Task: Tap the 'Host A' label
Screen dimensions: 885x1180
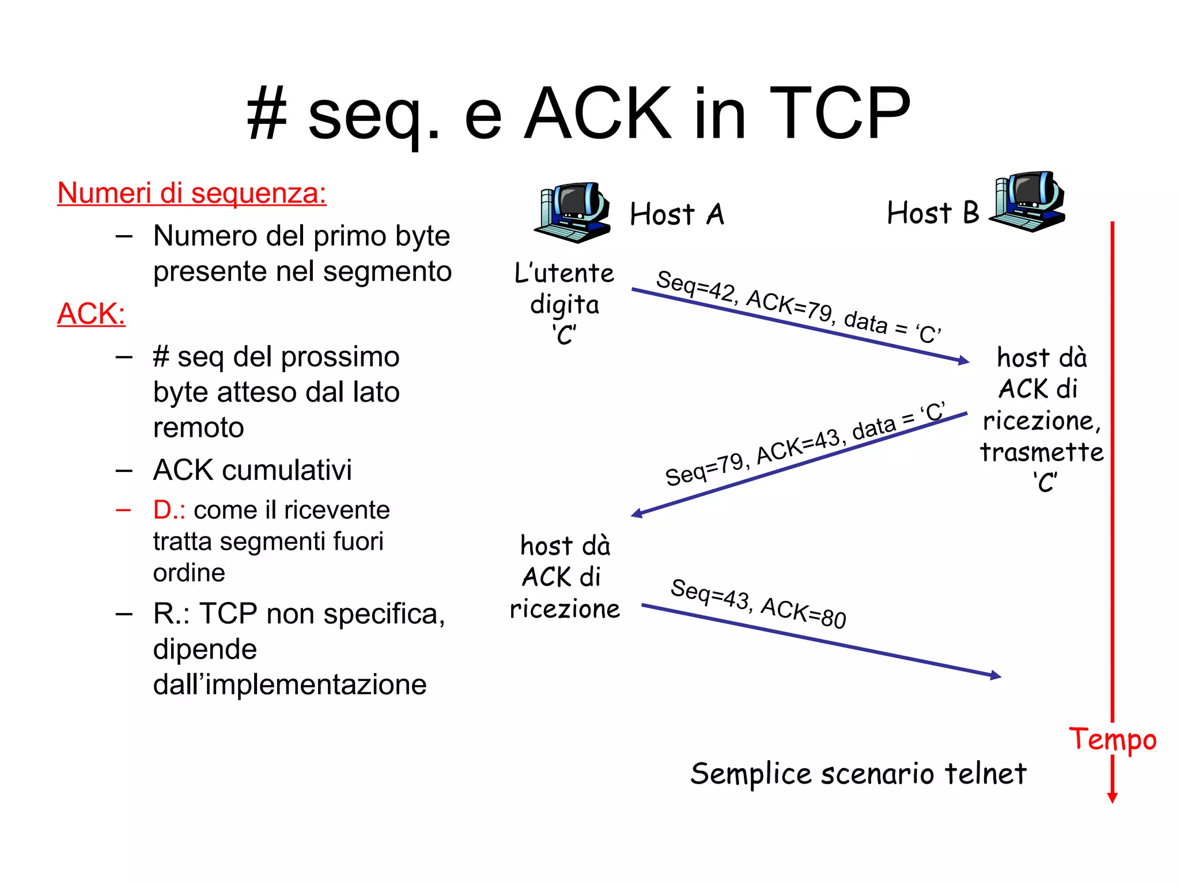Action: [x=676, y=214]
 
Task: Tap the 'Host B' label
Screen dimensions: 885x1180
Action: [x=933, y=213]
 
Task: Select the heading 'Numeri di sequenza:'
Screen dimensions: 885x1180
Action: [x=192, y=193]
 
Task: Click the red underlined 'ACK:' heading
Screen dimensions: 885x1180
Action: [x=91, y=314]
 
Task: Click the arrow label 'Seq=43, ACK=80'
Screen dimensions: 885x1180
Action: [x=758, y=603]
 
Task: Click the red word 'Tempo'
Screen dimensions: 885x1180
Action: [x=1113, y=739]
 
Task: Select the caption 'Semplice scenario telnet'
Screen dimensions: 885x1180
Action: [x=858, y=773]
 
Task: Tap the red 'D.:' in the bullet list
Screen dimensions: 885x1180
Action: [x=169, y=510]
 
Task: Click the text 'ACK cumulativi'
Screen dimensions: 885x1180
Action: [x=252, y=470]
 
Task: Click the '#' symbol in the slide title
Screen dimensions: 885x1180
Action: [x=267, y=114]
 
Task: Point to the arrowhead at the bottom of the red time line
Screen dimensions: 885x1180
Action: [x=1113, y=797]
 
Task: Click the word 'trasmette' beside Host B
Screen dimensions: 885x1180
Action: [x=1042, y=452]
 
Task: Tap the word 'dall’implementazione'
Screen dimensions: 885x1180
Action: [x=290, y=684]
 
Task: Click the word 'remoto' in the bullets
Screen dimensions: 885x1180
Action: [x=198, y=428]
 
